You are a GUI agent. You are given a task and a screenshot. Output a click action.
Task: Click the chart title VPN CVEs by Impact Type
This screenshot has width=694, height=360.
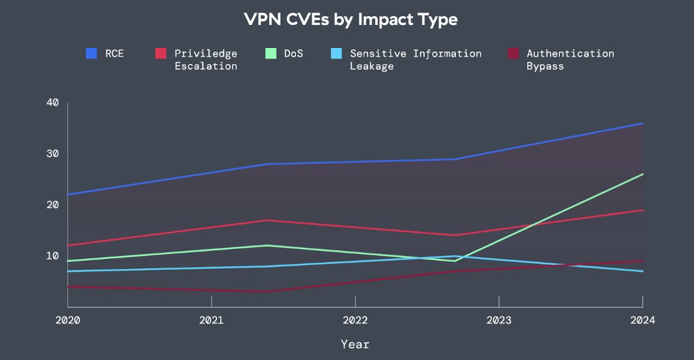pyautogui.click(x=350, y=19)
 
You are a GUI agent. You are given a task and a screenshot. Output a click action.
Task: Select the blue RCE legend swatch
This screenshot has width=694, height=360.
pyautogui.click(x=92, y=53)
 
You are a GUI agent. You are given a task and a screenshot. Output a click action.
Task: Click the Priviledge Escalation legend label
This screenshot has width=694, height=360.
pyautogui.click(x=206, y=59)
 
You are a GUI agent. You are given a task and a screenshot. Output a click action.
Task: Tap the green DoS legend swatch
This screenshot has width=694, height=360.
pyautogui.click(x=270, y=53)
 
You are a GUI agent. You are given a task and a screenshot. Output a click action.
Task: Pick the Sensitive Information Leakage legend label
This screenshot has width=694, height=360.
pyautogui.click(x=415, y=59)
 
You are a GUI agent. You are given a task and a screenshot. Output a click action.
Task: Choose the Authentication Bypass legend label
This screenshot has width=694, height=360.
pyautogui.click(x=570, y=59)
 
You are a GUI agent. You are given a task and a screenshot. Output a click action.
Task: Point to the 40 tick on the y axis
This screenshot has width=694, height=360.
pyautogui.click(x=53, y=103)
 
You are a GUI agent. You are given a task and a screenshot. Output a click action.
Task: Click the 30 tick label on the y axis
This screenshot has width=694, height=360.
pyautogui.click(x=53, y=154)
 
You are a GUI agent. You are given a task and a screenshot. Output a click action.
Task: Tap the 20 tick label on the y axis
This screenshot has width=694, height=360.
pyautogui.click(x=53, y=205)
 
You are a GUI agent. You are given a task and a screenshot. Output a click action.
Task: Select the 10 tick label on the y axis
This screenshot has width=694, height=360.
pyautogui.click(x=53, y=256)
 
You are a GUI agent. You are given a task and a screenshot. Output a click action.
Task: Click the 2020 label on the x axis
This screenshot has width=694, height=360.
pyautogui.click(x=68, y=320)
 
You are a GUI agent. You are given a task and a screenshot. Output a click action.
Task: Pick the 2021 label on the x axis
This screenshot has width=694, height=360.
pyautogui.click(x=211, y=320)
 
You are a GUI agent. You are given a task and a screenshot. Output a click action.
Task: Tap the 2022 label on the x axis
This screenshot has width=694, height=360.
pyautogui.click(x=355, y=320)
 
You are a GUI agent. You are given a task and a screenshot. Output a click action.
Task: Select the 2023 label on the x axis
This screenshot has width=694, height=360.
pyautogui.click(x=499, y=320)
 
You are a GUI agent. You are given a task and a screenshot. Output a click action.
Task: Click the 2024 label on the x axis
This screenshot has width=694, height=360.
pyautogui.click(x=643, y=320)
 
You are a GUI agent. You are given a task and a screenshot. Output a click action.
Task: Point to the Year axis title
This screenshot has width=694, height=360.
pyautogui.click(x=355, y=344)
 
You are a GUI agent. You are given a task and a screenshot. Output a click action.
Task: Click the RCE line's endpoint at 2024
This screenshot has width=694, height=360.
pyautogui.click(x=643, y=123)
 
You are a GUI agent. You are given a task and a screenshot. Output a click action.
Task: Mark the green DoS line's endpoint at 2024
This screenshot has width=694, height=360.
pyautogui.click(x=643, y=174)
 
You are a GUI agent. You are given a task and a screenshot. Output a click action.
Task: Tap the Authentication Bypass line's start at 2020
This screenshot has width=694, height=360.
pyautogui.click(x=68, y=286)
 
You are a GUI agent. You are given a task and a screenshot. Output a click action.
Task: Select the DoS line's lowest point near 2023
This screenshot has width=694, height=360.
pyautogui.click(x=455, y=261)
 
